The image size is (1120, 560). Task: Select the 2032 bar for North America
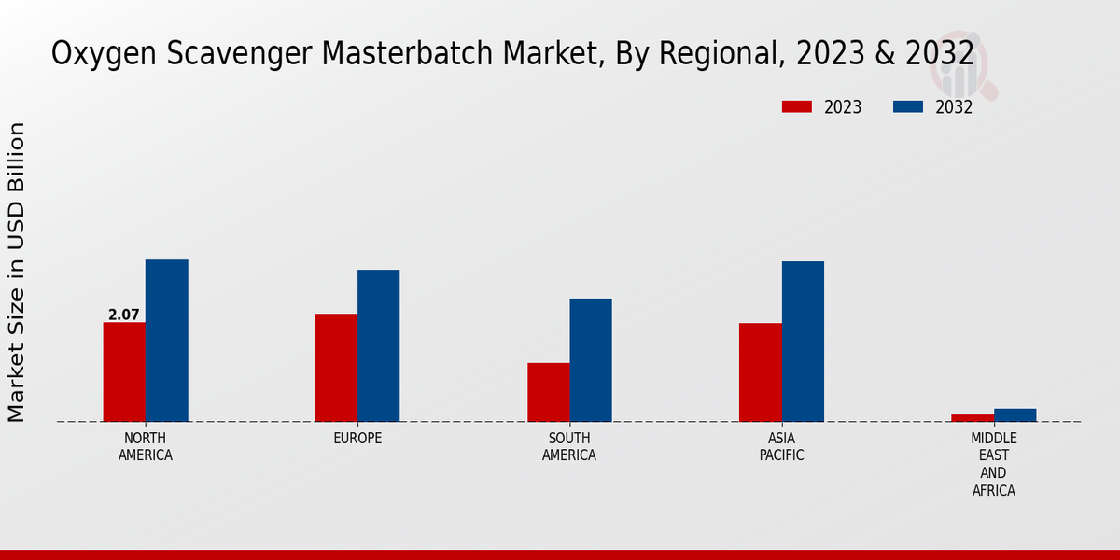[x=166, y=341]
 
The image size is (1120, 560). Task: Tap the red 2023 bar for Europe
[x=336, y=368]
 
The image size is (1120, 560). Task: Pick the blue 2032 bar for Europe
[x=378, y=345]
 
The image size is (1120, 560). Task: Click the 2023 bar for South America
[x=548, y=392]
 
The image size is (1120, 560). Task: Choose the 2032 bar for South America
[x=591, y=360]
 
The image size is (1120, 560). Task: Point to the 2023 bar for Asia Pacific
[x=760, y=372]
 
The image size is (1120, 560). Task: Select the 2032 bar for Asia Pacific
[x=803, y=342]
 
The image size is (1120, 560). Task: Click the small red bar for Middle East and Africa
[x=973, y=417]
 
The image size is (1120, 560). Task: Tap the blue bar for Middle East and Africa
[x=1015, y=414]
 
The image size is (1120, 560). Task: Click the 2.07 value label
[x=123, y=315]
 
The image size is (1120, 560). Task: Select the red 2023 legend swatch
[x=796, y=106]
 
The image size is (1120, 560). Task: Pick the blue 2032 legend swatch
[x=907, y=106]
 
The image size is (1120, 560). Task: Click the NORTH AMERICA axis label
[x=146, y=447]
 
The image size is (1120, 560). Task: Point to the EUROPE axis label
[x=357, y=439]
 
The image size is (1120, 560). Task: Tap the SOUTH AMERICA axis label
[x=569, y=447]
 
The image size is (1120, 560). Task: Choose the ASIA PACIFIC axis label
[x=781, y=447]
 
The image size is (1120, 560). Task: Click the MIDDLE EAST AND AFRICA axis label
[x=993, y=465]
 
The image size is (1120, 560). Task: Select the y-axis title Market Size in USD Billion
[x=17, y=272]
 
